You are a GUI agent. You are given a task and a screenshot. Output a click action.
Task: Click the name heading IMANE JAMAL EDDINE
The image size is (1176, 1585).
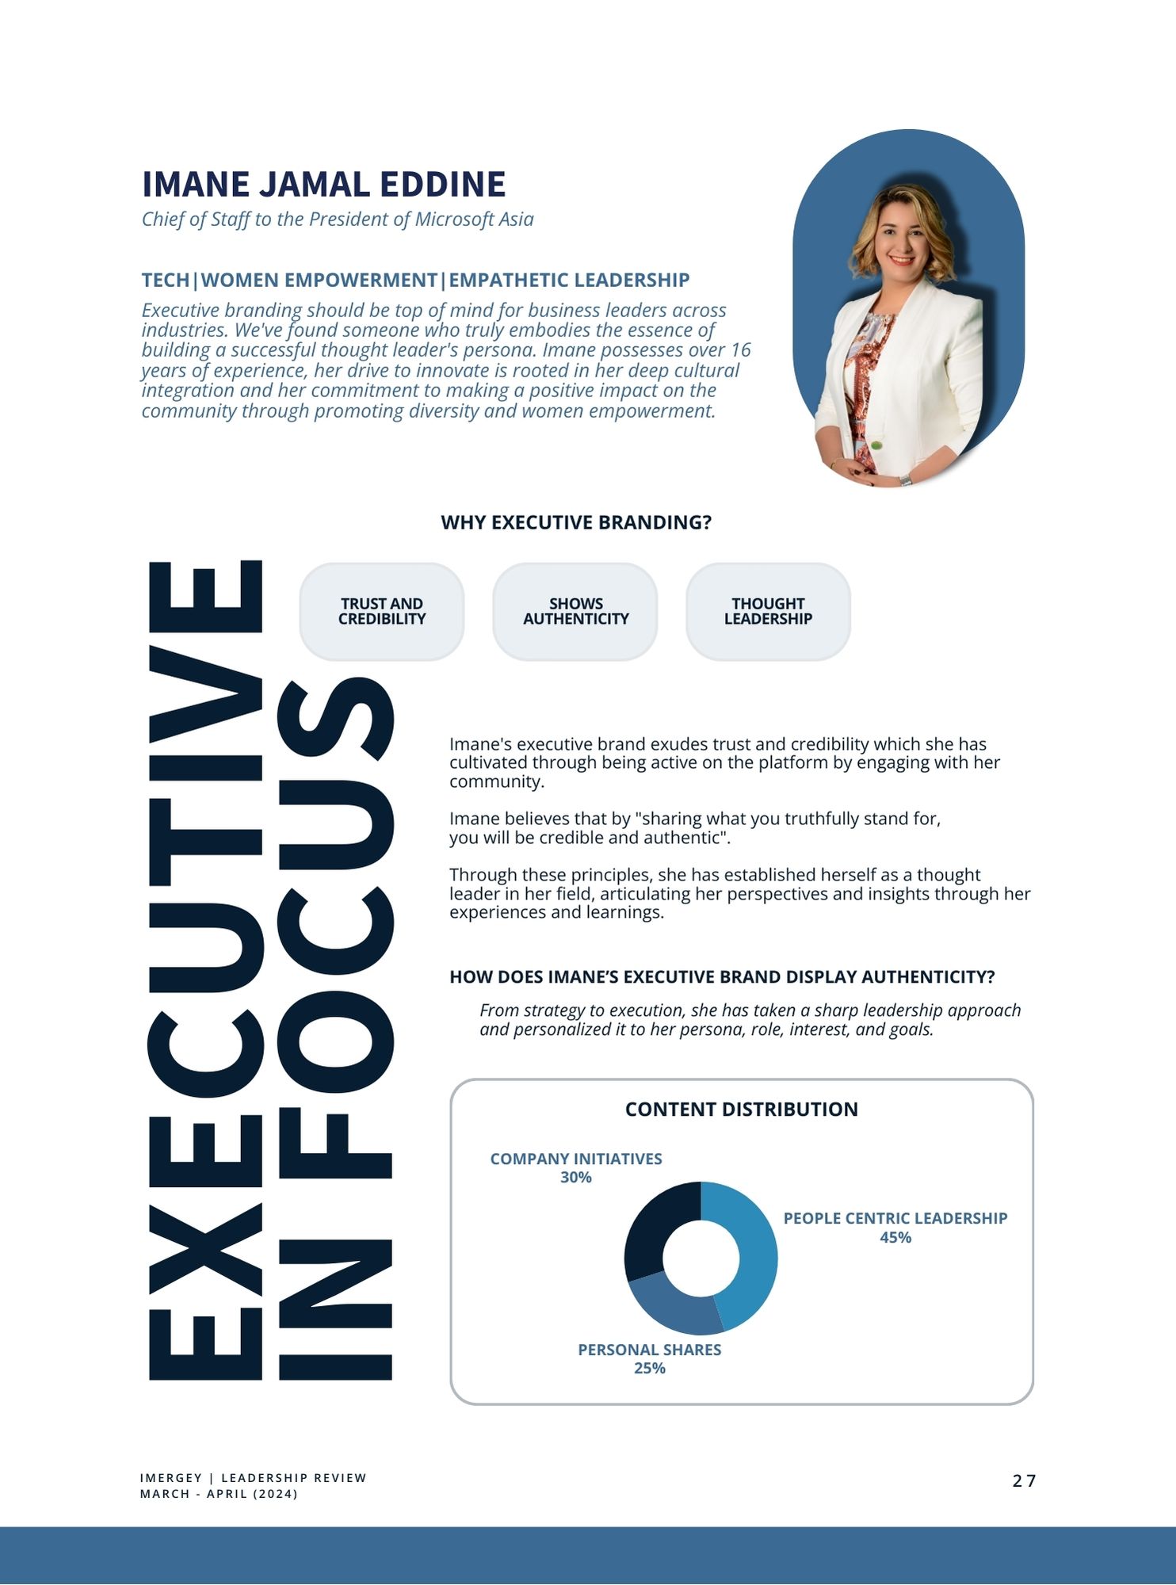pos(323,184)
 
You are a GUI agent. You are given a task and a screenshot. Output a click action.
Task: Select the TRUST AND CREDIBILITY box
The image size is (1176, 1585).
pos(382,611)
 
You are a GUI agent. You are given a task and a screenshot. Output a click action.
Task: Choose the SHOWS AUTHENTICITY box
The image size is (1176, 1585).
pos(575,611)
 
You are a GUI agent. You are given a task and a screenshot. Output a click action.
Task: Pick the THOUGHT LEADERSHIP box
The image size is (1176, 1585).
pos(768,611)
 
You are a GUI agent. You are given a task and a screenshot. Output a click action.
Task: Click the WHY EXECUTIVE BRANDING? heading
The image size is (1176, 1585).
pos(576,522)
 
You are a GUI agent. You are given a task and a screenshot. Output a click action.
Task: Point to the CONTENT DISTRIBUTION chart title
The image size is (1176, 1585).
pos(741,1109)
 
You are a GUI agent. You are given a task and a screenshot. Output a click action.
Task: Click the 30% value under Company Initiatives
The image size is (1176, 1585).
pos(576,1178)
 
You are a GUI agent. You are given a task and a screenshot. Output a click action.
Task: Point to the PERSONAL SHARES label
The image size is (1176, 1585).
pos(649,1350)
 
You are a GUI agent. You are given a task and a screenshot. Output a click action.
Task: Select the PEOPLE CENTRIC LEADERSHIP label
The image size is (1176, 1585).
pos(895,1218)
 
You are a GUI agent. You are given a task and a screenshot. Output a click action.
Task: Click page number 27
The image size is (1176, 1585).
pos(1024,1481)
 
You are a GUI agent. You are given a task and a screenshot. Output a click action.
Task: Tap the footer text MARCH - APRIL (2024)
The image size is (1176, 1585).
pos(219,1494)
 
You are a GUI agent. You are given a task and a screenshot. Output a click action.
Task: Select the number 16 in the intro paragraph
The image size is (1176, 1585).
pos(740,350)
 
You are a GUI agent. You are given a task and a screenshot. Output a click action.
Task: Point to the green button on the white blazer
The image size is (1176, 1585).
pos(876,445)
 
